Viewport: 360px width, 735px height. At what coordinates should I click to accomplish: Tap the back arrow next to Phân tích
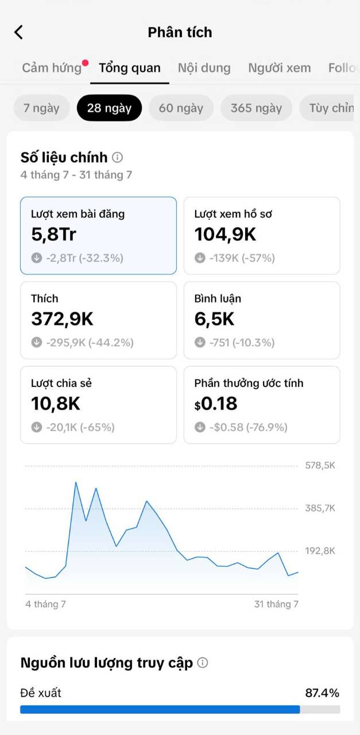(x=19, y=32)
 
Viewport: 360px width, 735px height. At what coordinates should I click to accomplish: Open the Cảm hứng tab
(x=52, y=68)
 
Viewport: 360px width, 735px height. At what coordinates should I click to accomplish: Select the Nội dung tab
(x=204, y=68)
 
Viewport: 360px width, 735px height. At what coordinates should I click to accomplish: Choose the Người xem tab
(x=279, y=68)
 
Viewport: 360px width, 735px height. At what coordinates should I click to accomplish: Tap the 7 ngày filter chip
(x=41, y=108)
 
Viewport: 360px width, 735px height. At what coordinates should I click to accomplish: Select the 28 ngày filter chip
(x=109, y=108)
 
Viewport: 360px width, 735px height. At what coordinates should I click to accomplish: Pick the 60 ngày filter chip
(x=181, y=108)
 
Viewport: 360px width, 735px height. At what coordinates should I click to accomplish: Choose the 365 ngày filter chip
(x=256, y=108)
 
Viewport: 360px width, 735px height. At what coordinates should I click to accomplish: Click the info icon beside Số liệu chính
(x=118, y=157)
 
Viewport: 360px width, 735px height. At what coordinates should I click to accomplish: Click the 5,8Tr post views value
(x=53, y=235)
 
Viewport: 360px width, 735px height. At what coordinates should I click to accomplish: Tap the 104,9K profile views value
(x=225, y=235)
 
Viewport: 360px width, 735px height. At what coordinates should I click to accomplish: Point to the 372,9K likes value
(x=62, y=319)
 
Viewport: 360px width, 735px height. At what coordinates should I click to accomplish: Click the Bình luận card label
(x=218, y=299)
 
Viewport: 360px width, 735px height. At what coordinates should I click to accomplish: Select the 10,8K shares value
(x=56, y=404)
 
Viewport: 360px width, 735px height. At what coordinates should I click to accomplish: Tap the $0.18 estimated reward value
(x=216, y=404)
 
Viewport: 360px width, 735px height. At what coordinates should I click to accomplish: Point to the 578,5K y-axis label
(x=320, y=465)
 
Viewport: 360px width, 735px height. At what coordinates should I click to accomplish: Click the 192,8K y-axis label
(x=320, y=551)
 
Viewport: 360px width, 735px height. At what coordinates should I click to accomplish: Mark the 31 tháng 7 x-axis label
(x=276, y=604)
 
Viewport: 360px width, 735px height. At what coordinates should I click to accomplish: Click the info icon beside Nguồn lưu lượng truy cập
(x=203, y=663)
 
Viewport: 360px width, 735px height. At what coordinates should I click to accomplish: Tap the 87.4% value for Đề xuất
(x=322, y=693)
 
